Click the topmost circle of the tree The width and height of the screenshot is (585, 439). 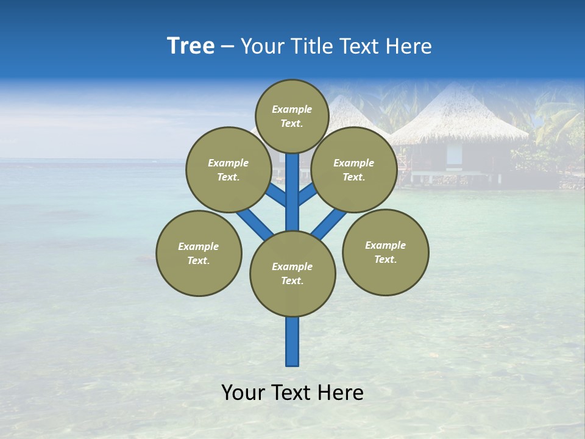coord(292,116)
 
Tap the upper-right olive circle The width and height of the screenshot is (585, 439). coord(354,170)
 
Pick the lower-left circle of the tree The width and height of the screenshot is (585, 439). coord(199,253)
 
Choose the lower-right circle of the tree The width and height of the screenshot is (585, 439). coord(386,252)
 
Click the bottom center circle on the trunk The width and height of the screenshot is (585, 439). coord(292,274)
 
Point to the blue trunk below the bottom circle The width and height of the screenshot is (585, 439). coord(292,341)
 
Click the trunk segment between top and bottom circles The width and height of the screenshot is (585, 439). coord(292,192)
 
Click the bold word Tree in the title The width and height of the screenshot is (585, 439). coord(191,46)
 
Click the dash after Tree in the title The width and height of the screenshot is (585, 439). coord(227,46)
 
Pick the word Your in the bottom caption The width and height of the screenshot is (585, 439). coord(243,393)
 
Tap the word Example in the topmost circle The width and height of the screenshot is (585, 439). coord(292,109)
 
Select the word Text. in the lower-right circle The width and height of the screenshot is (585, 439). coord(386,259)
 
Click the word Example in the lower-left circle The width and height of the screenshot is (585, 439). coord(199,246)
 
